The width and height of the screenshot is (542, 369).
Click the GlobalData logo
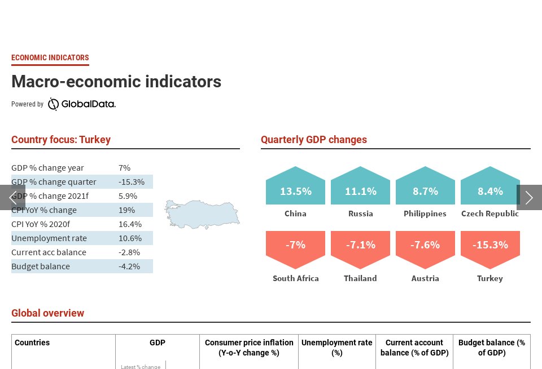[81, 104]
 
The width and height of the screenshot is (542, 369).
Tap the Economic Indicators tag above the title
[50, 57]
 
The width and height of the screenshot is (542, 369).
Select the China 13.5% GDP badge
[295, 189]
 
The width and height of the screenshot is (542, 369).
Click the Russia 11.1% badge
[360, 189]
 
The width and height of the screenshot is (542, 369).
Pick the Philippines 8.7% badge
[425, 189]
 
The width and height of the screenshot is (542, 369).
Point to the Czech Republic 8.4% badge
[489, 189]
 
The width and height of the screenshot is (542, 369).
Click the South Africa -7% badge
[295, 247]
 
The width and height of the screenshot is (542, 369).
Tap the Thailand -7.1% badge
[360, 247]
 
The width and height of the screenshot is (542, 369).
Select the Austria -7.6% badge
[425, 247]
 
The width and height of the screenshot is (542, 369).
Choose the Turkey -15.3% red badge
[489, 247]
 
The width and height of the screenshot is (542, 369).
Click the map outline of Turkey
[202, 214]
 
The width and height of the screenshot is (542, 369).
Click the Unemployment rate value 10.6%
[130, 238]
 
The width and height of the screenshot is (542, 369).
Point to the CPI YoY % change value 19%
[126, 210]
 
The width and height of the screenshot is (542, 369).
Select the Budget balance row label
[41, 266]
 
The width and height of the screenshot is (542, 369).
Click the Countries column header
[32, 343]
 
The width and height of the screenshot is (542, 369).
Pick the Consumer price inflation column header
[249, 348]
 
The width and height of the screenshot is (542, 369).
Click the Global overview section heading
[48, 313]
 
